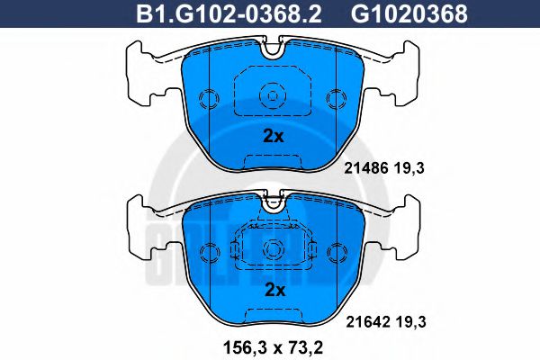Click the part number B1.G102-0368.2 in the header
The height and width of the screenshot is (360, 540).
coord(229,13)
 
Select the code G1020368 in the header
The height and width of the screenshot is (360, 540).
coord(409,13)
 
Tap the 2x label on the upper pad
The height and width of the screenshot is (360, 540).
coord(274,137)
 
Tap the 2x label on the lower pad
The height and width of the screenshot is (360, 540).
coord(274,291)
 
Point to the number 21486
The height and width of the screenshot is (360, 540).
coord(367,168)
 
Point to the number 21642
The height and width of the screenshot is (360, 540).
coord(368,322)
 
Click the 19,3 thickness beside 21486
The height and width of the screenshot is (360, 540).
coord(410,168)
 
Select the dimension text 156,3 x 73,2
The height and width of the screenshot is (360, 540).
coord(274,348)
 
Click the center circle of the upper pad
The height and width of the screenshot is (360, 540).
coord(273,95)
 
